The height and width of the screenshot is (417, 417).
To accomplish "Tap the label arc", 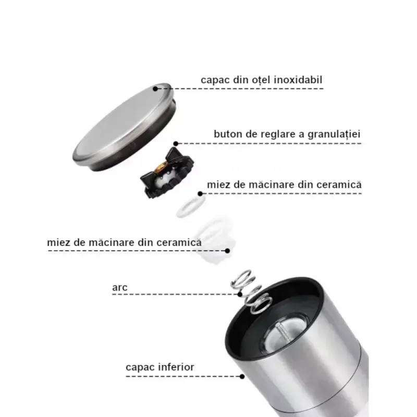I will [x=119, y=287].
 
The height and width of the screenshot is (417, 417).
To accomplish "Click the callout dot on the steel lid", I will [x=155, y=89].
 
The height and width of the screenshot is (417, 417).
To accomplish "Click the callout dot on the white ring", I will [x=200, y=194].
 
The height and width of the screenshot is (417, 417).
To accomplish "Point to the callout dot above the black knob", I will [x=176, y=143].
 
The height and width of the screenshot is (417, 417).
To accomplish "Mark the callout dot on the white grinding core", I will [x=228, y=250].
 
